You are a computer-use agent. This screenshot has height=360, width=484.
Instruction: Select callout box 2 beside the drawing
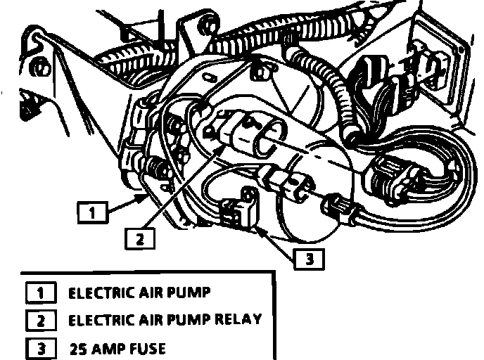click(141, 239)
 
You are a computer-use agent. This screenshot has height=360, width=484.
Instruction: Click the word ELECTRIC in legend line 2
click(99, 320)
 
